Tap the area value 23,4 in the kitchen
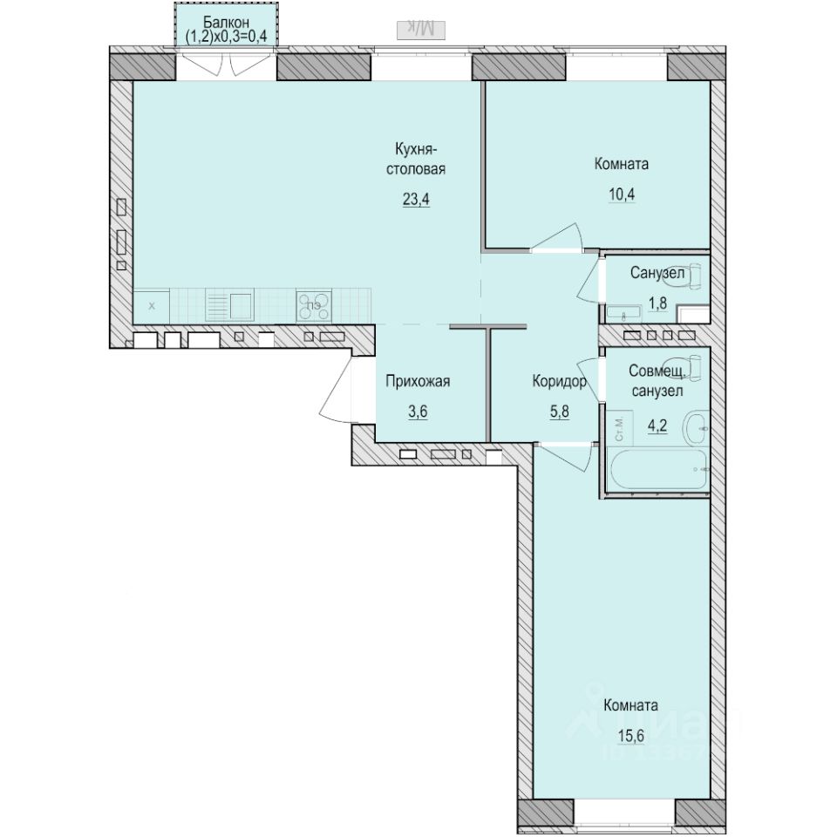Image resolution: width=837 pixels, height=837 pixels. coord(417,198)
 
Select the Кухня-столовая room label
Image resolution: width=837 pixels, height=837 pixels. coord(417,160)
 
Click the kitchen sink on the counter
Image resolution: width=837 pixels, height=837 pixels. coord(230,305)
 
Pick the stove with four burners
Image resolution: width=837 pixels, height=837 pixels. coord(315,306)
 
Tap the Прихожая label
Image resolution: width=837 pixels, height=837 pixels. coord(418,380)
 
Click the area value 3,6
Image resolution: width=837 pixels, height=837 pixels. coord(418,412)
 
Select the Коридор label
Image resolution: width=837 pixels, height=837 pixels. coord(559,380)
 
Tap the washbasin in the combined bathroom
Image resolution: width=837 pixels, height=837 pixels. coord(697,427)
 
